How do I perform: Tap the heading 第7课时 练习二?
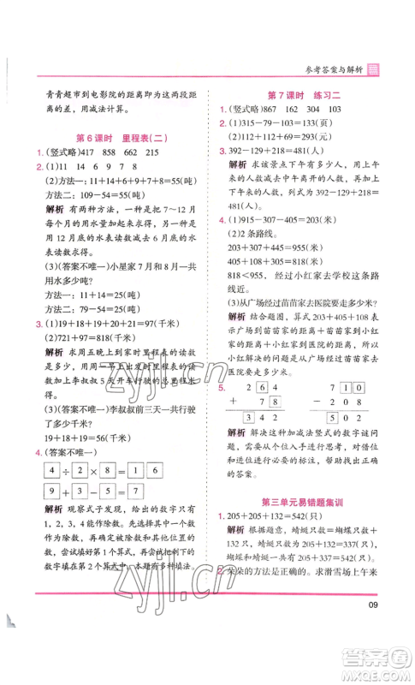click(x=307, y=95)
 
